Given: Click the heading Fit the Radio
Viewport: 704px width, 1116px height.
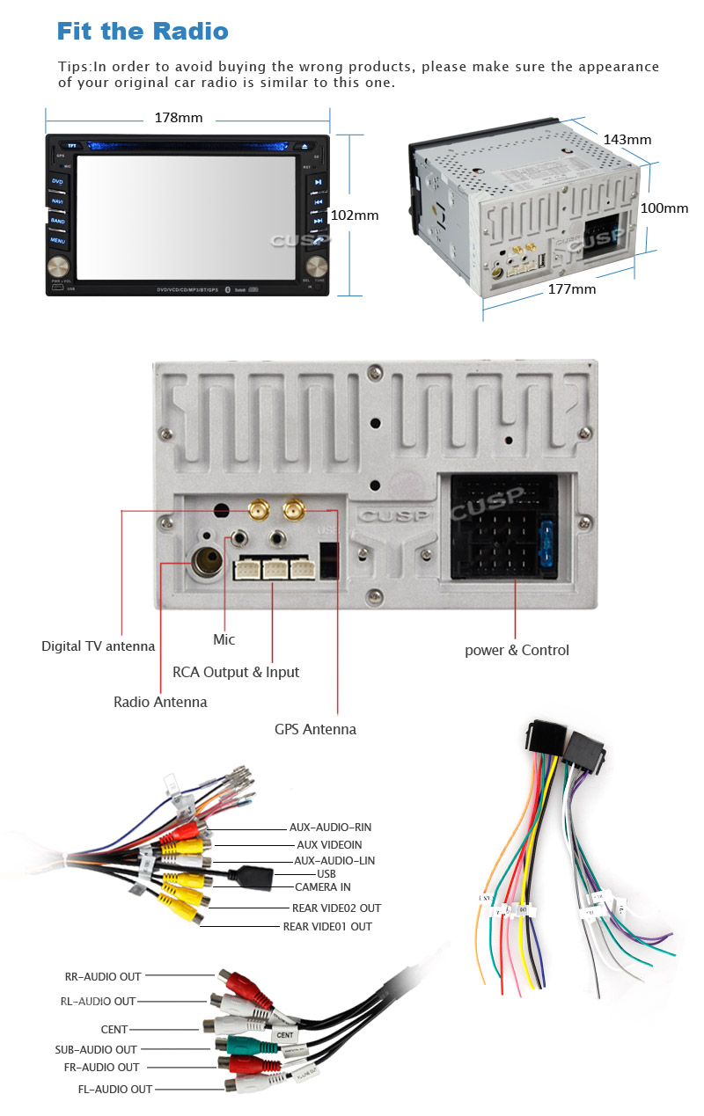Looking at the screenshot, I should click(x=143, y=33).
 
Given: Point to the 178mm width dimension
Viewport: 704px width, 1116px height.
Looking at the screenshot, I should click(x=179, y=118).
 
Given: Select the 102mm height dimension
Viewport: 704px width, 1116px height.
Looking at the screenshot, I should click(x=354, y=215).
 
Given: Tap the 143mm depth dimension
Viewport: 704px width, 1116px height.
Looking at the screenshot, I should click(x=627, y=139).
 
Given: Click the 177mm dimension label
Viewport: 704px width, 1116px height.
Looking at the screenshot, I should click(x=571, y=288).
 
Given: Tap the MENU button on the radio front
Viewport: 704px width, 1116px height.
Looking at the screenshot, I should click(x=57, y=240).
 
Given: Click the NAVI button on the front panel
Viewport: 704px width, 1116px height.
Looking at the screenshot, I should click(x=57, y=201).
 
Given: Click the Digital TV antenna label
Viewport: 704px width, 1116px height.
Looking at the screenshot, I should click(x=98, y=646).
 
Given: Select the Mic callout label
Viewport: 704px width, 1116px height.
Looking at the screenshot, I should click(x=224, y=639).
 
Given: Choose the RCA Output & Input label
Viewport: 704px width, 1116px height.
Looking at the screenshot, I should click(x=236, y=672).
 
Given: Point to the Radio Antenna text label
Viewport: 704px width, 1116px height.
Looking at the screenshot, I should click(x=160, y=702).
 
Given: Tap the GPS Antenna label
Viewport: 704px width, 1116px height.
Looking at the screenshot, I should click(x=315, y=729).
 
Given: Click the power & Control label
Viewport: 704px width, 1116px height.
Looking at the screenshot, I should click(x=517, y=651).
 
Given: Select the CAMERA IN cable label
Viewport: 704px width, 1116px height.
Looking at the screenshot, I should click(x=322, y=887).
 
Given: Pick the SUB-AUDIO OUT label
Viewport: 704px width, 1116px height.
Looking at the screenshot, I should click(x=96, y=1049).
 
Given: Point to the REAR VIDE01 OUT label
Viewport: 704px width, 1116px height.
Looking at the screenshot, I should click(x=327, y=927).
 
